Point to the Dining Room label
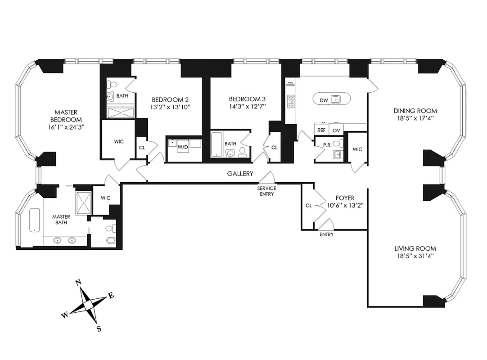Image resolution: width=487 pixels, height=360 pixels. tap(415, 111)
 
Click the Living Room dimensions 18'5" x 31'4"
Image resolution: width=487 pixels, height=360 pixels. tap(415, 256)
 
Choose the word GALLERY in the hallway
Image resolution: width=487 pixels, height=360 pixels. tap(240, 174)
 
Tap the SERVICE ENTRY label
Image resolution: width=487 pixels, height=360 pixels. tap(267, 191)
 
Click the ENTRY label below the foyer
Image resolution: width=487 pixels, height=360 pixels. tap(326, 234)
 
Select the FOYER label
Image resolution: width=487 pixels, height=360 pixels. tap(345, 198)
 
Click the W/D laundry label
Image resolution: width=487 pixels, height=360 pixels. tap(183, 147)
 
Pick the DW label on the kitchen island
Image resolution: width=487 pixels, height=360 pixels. tap(324, 100)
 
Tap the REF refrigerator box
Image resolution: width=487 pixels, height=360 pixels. tap(321, 130)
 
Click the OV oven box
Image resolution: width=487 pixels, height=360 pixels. tap(335, 130)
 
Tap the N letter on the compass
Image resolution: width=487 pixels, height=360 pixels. tap(78, 283)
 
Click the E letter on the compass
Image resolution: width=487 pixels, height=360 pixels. tap(111, 296)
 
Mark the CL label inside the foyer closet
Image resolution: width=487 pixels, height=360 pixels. tap(308, 205)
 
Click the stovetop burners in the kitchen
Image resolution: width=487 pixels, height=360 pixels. tap(291, 102)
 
